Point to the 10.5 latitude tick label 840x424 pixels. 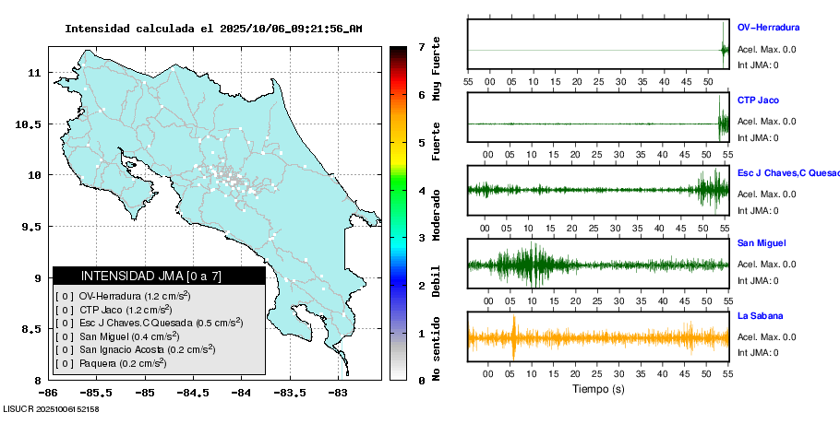tap(30, 124)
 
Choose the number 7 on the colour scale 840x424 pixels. tap(421, 46)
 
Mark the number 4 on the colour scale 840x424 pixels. tap(421, 191)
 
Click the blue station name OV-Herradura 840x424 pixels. tap(768, 28)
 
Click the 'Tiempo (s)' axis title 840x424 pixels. tap(597, 390)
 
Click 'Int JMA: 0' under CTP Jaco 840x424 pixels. tap(758, 138)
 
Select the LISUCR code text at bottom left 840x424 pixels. tap(51, 408)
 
